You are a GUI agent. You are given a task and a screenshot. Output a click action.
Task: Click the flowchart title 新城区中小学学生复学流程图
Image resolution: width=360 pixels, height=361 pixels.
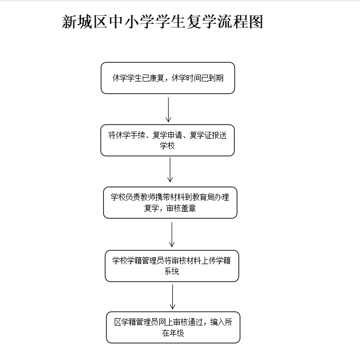[x=162, y=22]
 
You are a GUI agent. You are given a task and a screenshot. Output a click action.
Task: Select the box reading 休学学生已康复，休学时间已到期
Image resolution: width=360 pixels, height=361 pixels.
[x=168, y=78]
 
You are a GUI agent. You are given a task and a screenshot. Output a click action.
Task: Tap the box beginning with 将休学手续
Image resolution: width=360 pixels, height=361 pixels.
[x=168, y=140]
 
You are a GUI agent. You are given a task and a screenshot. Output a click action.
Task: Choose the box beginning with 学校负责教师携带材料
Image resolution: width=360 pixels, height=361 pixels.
[x=170, y=203]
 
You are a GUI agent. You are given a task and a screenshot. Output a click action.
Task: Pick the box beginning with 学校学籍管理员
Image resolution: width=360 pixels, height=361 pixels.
[x=172, y=266]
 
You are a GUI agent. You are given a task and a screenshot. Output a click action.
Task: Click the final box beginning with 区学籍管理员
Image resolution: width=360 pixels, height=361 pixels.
[x=173, y=327]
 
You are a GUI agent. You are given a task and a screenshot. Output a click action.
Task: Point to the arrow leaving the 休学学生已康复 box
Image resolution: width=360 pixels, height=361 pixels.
[x=168, y=110]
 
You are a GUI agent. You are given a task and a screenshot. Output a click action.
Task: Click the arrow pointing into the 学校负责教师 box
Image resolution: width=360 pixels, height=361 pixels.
[x=170, y=170]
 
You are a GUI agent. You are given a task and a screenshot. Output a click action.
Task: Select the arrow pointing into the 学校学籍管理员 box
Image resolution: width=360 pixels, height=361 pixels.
[x=172, y=234]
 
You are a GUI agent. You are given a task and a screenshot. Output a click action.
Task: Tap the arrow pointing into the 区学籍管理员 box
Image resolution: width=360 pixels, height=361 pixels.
[x=172, y=297]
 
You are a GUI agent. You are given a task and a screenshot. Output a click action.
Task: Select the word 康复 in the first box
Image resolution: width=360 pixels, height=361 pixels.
[x=157, y=78]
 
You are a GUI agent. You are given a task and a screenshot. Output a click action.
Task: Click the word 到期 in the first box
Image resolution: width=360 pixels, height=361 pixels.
[x=216, y=78]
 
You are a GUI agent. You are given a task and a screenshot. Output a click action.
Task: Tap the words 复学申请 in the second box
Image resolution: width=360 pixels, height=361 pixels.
[x=168, y=135]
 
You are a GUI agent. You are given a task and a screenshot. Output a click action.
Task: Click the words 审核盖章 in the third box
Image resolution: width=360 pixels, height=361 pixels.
[x=181, y=209]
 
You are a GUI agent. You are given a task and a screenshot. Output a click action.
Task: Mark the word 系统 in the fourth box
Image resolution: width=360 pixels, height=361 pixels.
[x=172, y=271]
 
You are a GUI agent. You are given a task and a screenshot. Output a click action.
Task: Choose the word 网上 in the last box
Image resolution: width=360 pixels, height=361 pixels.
[x=166, y=322]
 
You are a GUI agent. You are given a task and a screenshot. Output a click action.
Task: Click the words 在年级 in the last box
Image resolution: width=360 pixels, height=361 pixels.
[x=173, y=333]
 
